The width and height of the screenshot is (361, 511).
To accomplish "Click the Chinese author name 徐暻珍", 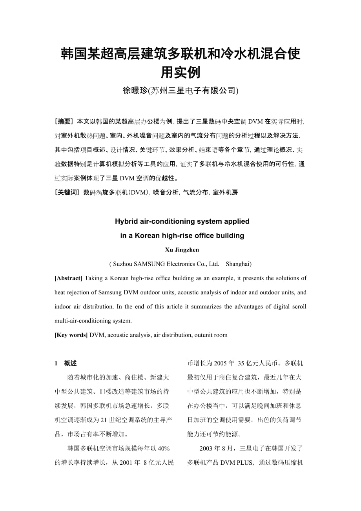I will click(x=135, y=91).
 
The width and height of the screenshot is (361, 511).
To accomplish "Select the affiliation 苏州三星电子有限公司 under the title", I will click(x=193, y=91).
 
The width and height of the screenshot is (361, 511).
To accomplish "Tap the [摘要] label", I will click(x=64, y=121).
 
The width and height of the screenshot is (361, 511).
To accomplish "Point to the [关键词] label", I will click(x=67, y=192).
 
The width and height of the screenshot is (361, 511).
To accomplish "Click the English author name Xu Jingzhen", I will click(x=182, y=250).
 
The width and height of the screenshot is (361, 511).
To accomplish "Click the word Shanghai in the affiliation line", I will click(x=239, y=264).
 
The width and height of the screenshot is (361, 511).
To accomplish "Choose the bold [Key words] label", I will click(x=71, y=335).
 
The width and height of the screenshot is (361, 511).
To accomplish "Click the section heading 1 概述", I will click(x=66, y=363).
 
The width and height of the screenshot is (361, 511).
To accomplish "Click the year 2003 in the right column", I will click(x=206, y=448).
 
